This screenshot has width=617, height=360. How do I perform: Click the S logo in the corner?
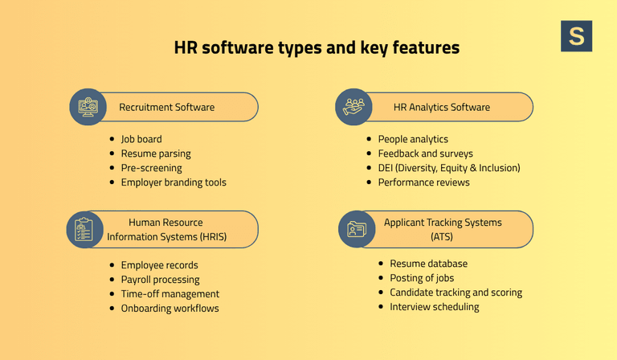click(x=576, y=36)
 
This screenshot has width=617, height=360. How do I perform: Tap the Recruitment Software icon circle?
click(x=88, y=107)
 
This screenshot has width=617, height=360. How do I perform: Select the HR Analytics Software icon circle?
click(x=354, y=107)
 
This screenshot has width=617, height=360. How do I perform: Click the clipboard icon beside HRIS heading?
click(x=84, y=229)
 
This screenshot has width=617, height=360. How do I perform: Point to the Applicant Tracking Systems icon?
click(x=357, y=229)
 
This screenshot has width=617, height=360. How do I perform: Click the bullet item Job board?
click(x=141, y=139)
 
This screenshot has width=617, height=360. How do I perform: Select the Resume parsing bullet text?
click(x=156, y=153)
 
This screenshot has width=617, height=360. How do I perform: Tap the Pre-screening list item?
click(x=151, y=168)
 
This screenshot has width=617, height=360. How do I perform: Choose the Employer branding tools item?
click(x=174, y=182)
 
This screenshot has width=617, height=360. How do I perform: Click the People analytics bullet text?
click(x=413, y=139)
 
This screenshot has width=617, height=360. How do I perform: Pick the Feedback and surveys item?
click(x=425, y=153)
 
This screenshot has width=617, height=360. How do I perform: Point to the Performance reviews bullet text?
click(x=423, y=182)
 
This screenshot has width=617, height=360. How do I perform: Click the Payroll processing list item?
click(x=160, y=280)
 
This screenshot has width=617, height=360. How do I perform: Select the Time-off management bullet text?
click(x=170, y=294)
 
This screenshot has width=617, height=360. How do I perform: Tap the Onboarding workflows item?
click(x=170, y=309)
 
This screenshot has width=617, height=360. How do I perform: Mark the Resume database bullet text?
click(x=428, y=264)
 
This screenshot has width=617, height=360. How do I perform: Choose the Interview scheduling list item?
click(x=434, y=307)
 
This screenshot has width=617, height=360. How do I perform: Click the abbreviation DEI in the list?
click(x=386, y=168)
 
